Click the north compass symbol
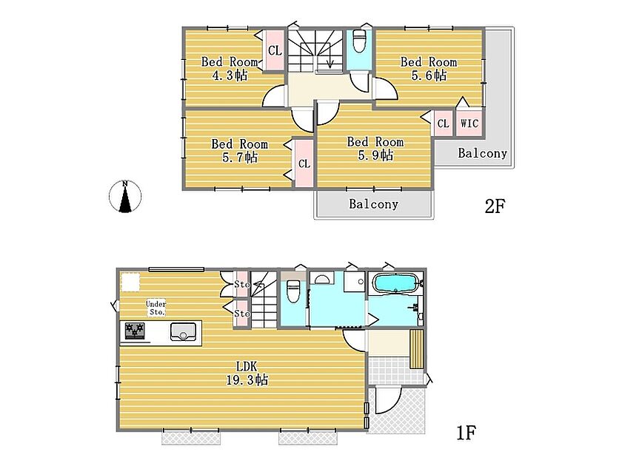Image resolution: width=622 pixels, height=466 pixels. [x=125, y=196]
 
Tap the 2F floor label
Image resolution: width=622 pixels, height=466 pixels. [x=495, y=206]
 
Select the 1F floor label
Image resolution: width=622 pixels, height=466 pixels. [x=466, y=433]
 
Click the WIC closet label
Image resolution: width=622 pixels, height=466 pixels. [x=469, y=124]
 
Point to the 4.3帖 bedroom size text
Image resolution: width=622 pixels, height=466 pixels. [x=230, y=75]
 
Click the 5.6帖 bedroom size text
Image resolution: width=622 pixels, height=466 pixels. [x=429, y=75]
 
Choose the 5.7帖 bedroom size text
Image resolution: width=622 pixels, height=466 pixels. [x=240, y=158]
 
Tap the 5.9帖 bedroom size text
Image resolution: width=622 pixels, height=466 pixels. [x=375, y=155]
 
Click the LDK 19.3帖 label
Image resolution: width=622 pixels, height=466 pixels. [x=247, y=373]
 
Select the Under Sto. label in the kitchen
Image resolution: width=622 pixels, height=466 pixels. [x=156, y=308]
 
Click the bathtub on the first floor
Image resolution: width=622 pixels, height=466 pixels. [x=395, y=283]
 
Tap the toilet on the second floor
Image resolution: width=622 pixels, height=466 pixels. [x=359, y=41]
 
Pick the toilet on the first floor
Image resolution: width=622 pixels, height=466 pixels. [x=293, y=291]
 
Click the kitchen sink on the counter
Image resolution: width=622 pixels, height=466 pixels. [x=183, y=331]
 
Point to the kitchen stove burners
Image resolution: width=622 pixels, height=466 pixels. [x=135, y=331]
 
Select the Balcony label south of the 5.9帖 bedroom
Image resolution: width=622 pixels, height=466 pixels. [x=373, y=203]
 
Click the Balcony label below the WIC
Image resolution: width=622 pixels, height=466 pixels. [x=482, y=153]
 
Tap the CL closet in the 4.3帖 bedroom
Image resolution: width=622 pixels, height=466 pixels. [x=275, y=50]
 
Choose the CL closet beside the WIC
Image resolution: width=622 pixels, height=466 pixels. [x=443, y=124]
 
